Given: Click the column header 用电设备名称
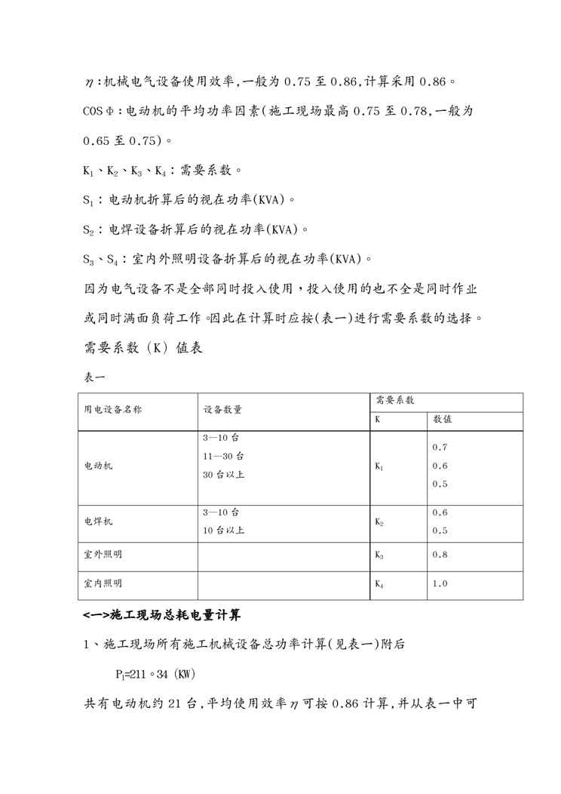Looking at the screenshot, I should (112, 410).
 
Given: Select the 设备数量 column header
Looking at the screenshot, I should (222, 410).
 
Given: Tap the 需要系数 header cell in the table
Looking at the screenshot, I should (394, 401).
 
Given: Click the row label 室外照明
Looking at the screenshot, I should (103, 555).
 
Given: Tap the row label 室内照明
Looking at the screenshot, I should (103, 583).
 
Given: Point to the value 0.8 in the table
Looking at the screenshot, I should (440, 555).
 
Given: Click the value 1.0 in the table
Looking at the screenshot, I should (440, 583).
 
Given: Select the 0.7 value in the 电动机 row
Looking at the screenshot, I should (440, 447).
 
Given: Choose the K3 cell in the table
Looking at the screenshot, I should (379, 555).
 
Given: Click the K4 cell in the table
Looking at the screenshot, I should (379, 584).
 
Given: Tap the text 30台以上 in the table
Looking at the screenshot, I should (223, 475).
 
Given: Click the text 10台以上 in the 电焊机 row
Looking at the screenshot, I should (223, 530).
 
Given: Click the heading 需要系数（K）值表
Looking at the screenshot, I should (140, 348).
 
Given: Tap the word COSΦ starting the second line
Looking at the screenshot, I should (97, 111).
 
